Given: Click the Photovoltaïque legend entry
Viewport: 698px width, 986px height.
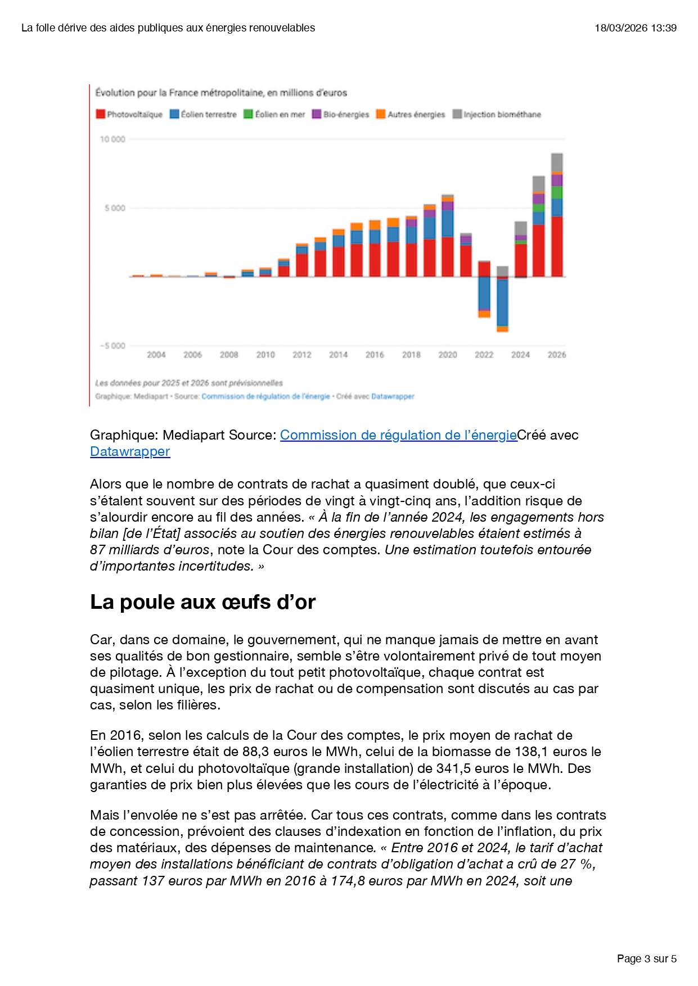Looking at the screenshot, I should pos(129,115).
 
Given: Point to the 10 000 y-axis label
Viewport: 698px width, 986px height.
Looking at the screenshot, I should pos(112,139).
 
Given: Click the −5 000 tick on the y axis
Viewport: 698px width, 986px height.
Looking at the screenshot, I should pos(112,346).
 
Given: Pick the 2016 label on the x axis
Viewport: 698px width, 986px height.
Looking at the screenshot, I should pos(375,355).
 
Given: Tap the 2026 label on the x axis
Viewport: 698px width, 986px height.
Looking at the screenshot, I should pos(556,355).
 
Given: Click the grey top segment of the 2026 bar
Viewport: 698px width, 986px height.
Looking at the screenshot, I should pos(557,162).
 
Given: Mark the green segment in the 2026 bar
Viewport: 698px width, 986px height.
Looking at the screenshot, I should pos(557,192).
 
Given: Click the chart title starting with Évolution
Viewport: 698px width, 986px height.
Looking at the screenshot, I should pos(221,93).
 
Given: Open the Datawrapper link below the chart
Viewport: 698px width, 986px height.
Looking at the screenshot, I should pos(130,451).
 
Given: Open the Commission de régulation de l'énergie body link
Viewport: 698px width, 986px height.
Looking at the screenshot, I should pos(398,435).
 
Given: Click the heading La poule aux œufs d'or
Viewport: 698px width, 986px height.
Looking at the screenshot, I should pos(202,602).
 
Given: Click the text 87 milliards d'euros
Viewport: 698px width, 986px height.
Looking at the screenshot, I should pos(150,550).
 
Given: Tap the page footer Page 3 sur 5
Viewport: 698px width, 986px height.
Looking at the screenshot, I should pos(646,959).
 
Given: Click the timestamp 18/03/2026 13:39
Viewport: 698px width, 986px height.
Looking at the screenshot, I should pos(636,28).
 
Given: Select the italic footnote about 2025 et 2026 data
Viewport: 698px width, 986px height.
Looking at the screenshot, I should pos(189,383).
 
